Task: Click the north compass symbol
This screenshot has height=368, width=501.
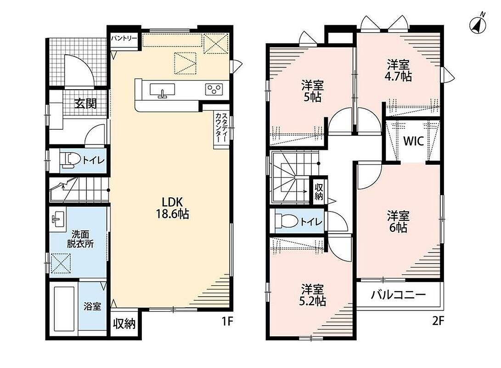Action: pos(478,23)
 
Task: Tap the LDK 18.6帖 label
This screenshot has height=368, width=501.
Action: pos(172,208)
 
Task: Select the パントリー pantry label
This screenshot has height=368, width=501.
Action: pos(124,38)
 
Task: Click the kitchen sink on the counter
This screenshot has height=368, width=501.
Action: pos(163,90)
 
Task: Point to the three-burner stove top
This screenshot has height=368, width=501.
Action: pos(214,89)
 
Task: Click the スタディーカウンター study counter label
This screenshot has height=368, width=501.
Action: pos(221,127)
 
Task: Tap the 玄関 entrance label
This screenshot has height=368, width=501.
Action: pos(85,103)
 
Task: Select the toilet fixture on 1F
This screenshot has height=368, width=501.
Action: pos(71,160)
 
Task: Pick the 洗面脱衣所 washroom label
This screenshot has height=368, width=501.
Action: pos(80,239)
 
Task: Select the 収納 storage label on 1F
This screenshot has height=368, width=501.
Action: pos(124,324)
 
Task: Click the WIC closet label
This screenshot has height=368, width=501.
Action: pos(413,140)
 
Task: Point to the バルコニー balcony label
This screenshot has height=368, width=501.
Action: pos(398,294)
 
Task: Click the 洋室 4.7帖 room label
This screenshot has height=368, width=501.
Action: pos(399,70)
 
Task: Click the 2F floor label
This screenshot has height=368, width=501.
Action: pos(438,321)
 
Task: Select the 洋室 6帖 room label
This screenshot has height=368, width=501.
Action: pos(398,221)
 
